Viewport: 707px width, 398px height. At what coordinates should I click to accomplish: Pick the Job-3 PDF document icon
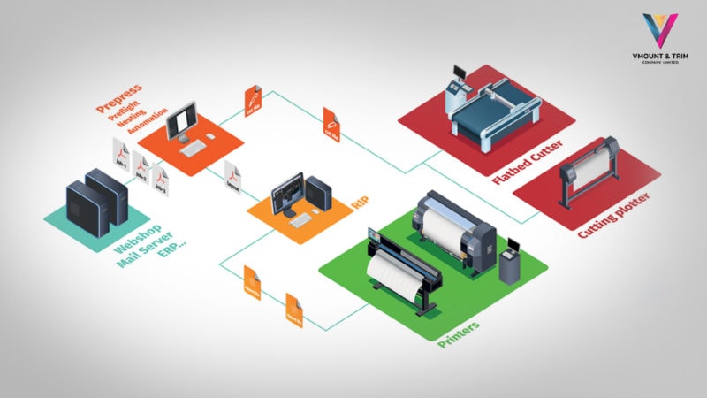[159, 174]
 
